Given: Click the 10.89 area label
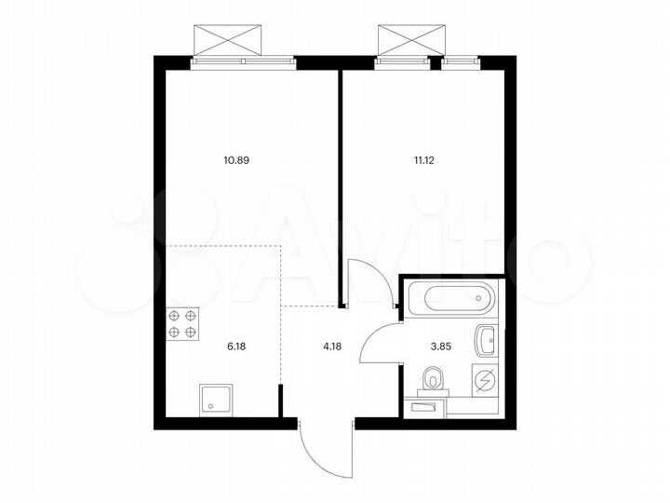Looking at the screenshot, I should pyautogui.click(x=236, y=159).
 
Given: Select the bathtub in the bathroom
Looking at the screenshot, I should pyautogui.click(x=450, y=299).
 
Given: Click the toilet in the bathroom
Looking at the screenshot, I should pyautogui.click(x=433, y=379).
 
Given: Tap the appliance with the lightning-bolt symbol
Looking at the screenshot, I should pyautogui.click(x=487, y=380).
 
